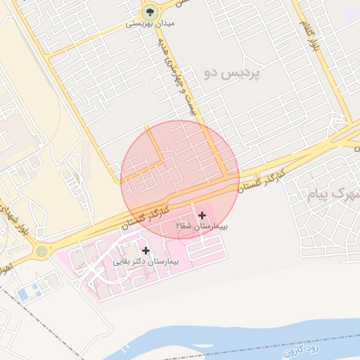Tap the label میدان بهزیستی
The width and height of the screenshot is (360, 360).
pos(150,24)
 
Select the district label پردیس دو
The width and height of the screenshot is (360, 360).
pos(231,72)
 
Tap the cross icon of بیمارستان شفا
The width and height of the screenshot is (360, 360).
pos(202,214)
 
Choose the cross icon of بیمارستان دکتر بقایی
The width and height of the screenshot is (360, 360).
pos(146,250)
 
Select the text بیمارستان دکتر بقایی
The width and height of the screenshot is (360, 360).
pos(148,261)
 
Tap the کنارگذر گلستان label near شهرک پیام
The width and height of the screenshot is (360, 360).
pos(261,181)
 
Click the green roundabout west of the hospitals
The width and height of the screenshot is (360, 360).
pos(41,250)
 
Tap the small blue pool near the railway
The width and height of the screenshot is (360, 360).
pos(23,295)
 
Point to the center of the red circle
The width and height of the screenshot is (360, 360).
pos(180,180)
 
